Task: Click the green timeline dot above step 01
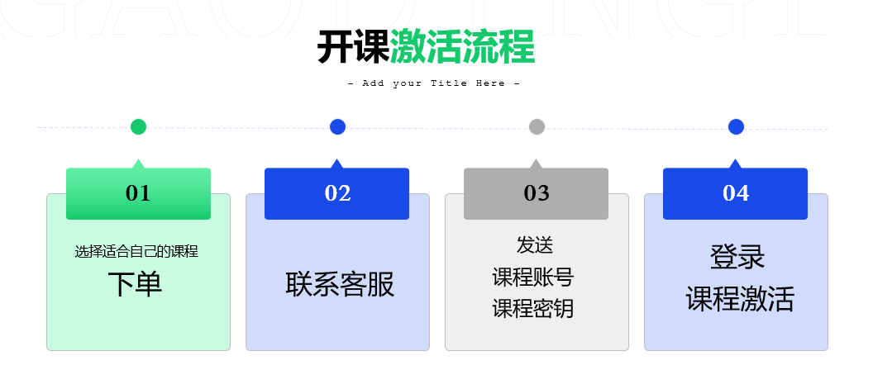[139, 127]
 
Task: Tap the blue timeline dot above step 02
[337, 127]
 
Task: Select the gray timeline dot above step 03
[537, 127]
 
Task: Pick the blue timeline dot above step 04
[736, 127]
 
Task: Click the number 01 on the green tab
[138, 193]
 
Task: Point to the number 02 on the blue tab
[337, 193]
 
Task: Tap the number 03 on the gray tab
[537, 193]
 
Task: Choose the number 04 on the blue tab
[736, 193]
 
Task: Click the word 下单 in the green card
[135, 284]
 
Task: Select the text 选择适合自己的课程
[136, 252]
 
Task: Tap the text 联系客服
[340, 284]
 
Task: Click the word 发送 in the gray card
[535, 244]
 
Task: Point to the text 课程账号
[533, 277]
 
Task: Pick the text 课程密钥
[533, 308]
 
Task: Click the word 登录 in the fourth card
[737, 257]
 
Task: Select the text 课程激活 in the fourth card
[740, 299]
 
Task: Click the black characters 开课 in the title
[353, 47]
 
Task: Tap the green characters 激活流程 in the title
[462, 47]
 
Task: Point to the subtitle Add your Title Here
[434, 83]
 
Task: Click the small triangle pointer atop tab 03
[536, 164]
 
